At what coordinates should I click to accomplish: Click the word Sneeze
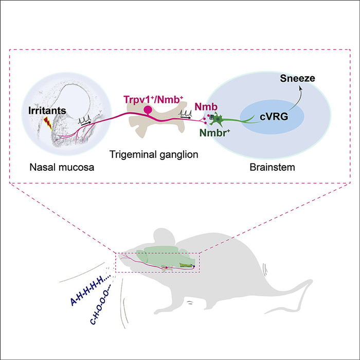[297, 79]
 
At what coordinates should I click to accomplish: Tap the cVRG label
[274, 117]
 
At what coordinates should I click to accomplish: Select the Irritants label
[47, 111]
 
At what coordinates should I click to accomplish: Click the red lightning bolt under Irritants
[48, 123]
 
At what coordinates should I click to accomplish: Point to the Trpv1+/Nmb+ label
[153, 100]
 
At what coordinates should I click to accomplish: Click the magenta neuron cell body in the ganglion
[148, 110]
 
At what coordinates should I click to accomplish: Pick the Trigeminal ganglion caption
[154, 154]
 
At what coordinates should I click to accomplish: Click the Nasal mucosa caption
[62, 167]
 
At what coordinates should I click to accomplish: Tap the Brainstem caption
[272, 167]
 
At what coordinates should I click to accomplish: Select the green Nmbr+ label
[215, 133]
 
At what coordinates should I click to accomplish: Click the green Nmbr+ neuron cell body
[217, 119]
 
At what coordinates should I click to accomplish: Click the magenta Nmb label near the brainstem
[206, 107]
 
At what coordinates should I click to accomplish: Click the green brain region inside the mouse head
[165, 258]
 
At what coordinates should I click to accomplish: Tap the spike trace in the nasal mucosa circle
[84, 120]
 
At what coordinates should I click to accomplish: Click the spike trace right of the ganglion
[186, 114]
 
